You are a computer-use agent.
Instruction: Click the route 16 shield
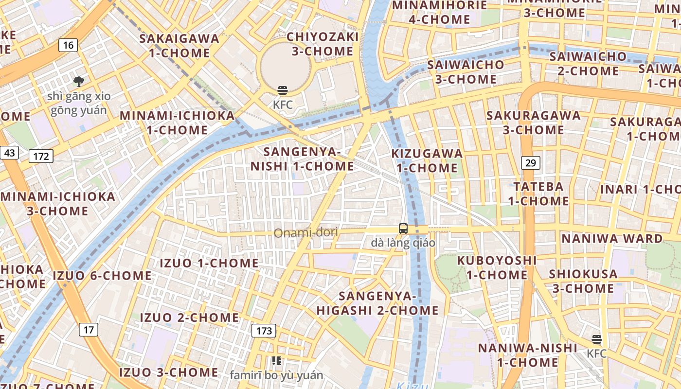68,46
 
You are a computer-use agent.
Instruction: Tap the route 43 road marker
9,153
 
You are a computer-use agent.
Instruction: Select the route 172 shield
41,156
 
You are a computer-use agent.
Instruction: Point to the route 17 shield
88,330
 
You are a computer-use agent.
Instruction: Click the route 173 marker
264,331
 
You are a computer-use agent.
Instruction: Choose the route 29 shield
530,163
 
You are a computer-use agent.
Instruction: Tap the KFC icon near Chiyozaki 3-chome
283,90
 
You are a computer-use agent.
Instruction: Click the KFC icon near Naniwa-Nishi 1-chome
597,339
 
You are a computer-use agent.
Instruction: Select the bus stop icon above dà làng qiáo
403,229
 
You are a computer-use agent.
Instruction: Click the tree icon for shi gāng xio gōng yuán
78,82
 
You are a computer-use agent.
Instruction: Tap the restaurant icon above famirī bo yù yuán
276,361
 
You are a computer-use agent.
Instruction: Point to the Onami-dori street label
305,233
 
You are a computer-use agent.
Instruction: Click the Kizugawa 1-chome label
427,161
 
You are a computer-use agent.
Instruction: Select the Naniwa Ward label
612,239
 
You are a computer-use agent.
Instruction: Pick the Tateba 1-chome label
538,194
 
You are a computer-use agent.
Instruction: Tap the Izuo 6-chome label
102,276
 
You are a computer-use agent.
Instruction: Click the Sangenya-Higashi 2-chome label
377,303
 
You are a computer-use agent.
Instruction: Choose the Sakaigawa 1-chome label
179,46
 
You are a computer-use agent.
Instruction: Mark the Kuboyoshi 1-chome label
497,267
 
